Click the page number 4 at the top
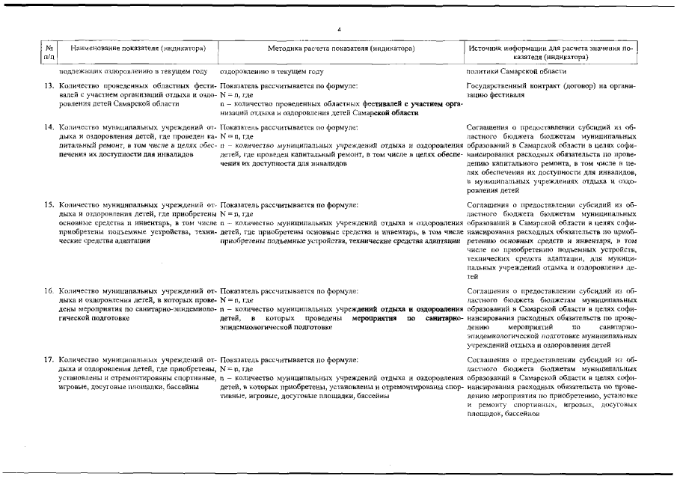(x=339, y=29)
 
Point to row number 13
(x=47, y=86)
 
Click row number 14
(x=47, y=128)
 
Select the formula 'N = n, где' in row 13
(x=239, y=95)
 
